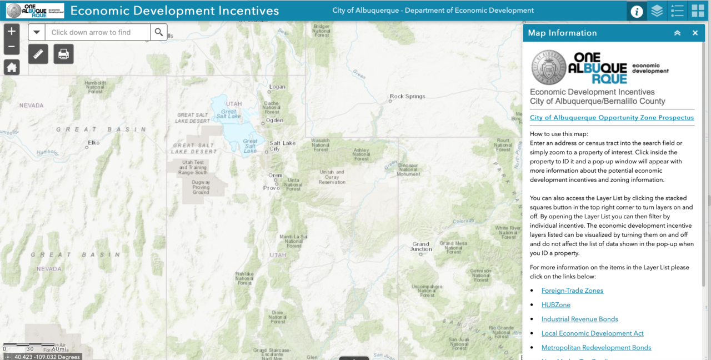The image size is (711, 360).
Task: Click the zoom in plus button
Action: tap(12, 31)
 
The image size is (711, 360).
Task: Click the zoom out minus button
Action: tap(12, 47)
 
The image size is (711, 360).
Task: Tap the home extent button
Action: tap(12, 67)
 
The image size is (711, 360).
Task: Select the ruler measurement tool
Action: tap(38, 54)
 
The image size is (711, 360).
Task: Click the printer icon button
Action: tap(63, 54)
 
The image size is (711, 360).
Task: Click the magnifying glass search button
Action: tap(159, 32)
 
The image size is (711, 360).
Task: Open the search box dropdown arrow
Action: tap(37, 32)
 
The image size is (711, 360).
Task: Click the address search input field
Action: tap(97, 32)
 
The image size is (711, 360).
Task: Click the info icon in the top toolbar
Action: tap(637, 11)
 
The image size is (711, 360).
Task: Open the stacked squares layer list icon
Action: tap(657, 11)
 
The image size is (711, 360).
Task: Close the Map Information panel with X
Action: tap(695, 33)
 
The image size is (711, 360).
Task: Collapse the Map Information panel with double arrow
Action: tap(677, 33)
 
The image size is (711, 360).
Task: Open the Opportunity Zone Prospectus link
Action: tap(612, 118)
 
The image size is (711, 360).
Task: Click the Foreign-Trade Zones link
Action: tap(572, 291)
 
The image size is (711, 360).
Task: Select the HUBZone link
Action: tap(556, 305)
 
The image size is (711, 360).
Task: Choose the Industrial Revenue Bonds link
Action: tap(579, 319)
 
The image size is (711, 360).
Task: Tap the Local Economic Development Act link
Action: tap(592, 333)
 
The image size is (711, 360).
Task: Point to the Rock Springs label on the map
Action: tap(407, 96)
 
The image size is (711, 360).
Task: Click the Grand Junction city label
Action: tap(421, 246)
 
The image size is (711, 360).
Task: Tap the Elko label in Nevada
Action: tap(93, 143)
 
